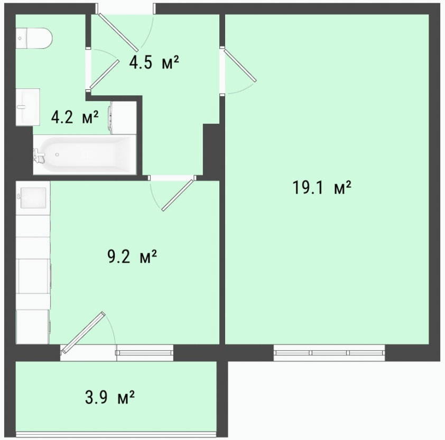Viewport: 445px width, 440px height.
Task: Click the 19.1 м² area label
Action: point(321,188)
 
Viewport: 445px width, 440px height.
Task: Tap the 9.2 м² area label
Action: point(132,257)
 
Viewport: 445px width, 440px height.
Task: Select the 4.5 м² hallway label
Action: point(154,62)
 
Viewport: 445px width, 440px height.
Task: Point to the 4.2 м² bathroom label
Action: point(75,117)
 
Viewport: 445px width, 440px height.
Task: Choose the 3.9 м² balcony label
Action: point(110,397)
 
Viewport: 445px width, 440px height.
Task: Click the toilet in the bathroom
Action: point(34,38)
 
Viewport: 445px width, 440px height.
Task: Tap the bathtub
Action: point(85,155)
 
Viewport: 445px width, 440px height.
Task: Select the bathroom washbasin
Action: point(27,107)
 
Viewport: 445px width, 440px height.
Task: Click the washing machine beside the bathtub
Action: point(122,117)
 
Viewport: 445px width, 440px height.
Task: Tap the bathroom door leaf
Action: point(105,74)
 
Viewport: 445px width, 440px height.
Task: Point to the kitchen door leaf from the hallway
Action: point(179,195)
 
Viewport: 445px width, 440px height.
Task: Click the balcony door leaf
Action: point(83,333)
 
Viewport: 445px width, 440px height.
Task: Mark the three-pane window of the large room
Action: point(329,353)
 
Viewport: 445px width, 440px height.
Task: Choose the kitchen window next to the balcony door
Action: point(144,353)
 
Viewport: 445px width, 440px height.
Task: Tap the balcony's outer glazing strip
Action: point(116,434)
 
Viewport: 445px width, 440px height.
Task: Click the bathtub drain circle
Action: point(57,154)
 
